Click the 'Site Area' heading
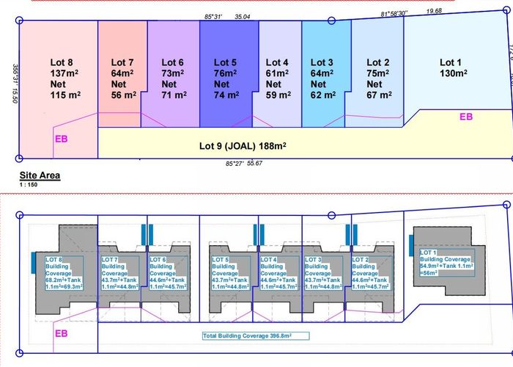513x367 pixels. point(40,175)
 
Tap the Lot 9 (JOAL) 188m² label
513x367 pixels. point(242,145)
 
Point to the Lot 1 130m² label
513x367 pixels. point(453,68)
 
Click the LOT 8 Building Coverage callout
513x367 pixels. point(62,272)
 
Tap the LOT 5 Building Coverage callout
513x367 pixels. point(229,272)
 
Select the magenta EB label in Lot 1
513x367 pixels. point(466,116)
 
